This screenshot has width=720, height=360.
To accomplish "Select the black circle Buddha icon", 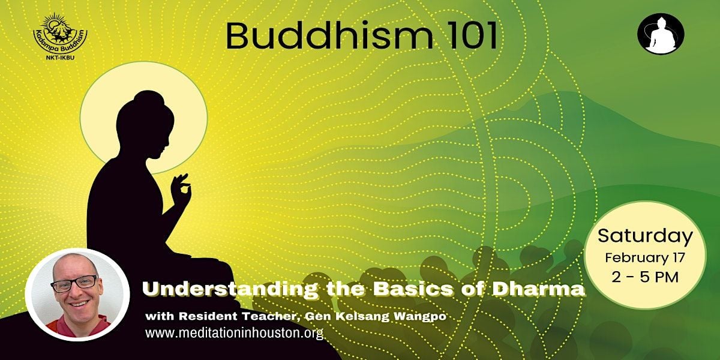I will [661, 34].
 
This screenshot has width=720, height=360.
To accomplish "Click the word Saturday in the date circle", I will [645, 236].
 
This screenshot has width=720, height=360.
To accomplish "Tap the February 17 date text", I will [645, 258].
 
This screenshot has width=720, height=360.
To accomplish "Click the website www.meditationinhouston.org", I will [234, 333].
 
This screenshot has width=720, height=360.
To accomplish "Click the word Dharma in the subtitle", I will [545, 289].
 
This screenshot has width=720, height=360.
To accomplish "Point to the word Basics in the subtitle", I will [408, 289].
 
